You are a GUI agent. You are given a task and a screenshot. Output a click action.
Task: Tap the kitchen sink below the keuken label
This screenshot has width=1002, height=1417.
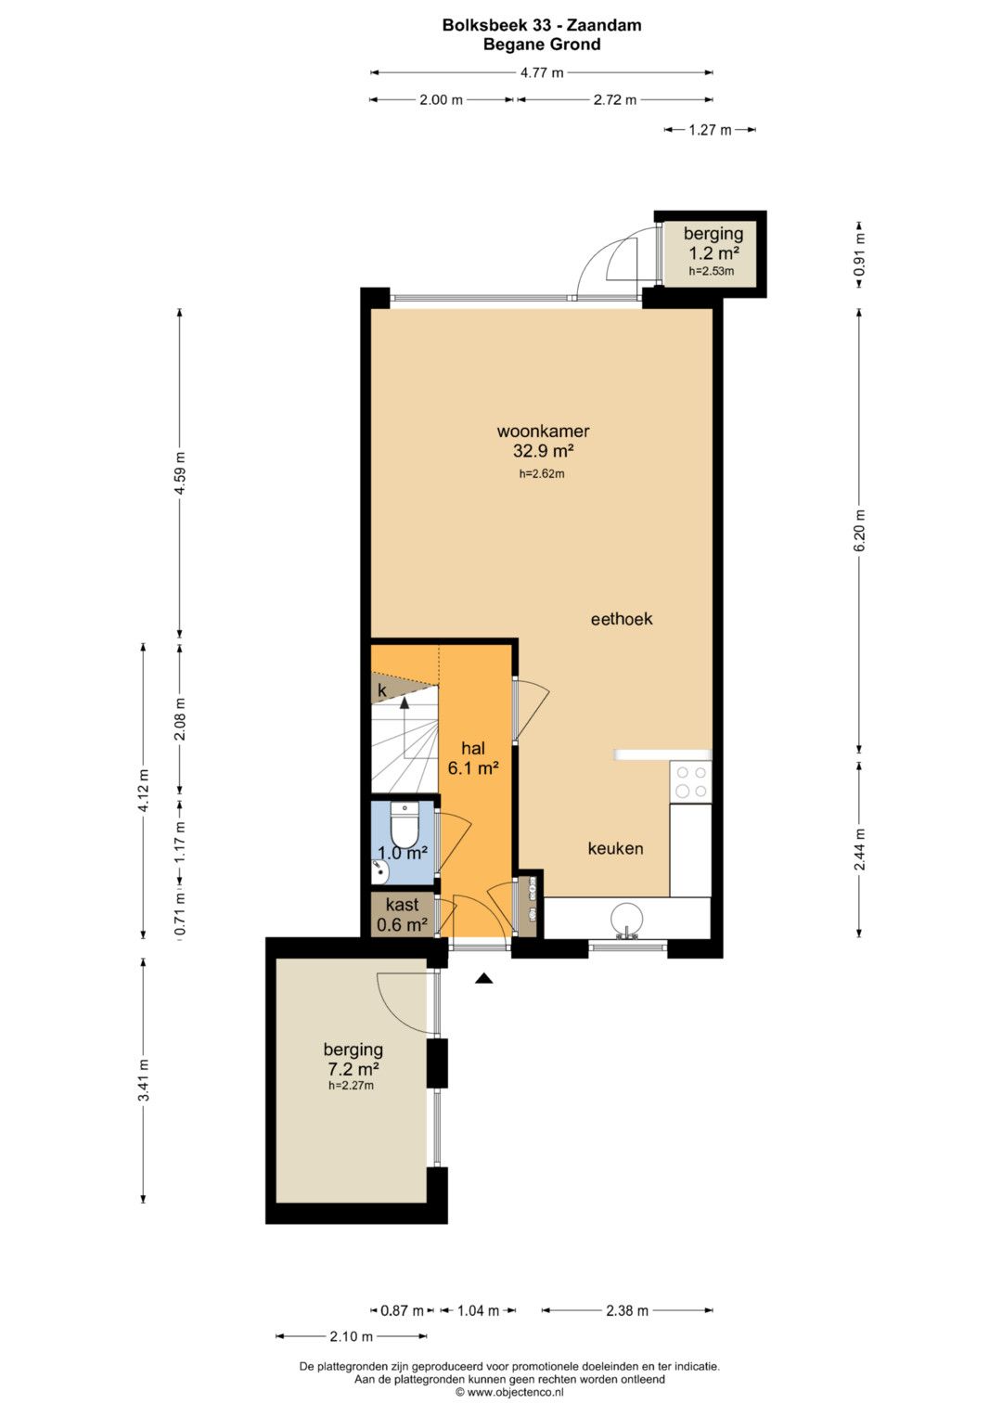coord(626,920)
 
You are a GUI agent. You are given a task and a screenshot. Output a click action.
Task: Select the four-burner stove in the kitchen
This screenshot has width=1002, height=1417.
coord(690,781)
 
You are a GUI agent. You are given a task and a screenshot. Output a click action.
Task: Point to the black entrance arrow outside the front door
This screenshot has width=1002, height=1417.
coord(484,979)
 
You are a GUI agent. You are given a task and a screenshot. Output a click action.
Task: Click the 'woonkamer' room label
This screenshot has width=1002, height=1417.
coord(543,432)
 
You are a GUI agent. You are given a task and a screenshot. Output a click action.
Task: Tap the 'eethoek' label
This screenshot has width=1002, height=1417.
coord(622,619)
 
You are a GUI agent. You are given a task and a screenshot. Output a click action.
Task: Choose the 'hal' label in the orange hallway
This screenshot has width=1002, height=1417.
coord(473,748)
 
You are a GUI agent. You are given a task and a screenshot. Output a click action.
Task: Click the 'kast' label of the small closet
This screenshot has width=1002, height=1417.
coord(403,905)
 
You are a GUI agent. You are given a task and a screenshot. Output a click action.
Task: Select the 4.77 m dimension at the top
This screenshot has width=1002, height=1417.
coord(542,72)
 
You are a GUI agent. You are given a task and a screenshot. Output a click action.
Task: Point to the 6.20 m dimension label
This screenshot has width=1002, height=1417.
coord(859,530)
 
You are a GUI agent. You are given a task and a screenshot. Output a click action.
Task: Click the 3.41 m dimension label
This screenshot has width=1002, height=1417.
coord(144,1080)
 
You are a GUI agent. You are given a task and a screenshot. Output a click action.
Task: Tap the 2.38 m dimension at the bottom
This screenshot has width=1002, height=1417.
coord(627,1310)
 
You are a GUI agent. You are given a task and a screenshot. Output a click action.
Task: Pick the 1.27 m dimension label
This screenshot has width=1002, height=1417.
coord(710,130)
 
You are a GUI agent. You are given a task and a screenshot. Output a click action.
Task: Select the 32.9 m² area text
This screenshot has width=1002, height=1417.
coord(543,451)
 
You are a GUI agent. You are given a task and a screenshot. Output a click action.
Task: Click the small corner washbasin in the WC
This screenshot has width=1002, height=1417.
coord(379,871)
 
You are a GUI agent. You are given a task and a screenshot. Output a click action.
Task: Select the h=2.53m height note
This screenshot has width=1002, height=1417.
coord(712,271)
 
